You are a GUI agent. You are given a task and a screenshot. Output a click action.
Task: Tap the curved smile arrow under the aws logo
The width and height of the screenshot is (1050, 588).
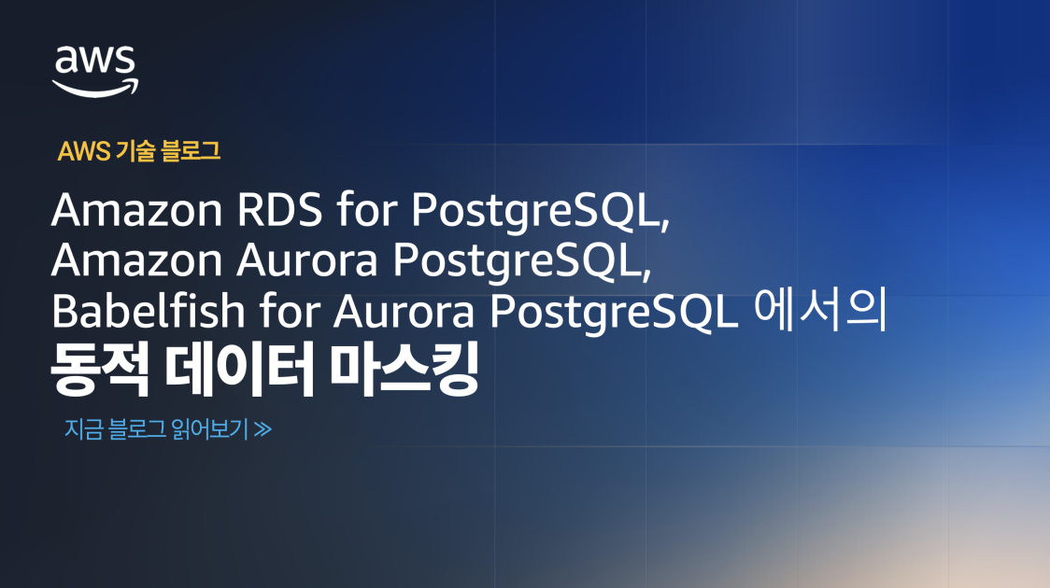95,87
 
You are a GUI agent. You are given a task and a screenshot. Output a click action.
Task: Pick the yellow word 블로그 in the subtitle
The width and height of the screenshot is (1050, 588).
191,151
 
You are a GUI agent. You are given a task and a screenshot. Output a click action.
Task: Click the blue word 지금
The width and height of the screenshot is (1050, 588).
83,430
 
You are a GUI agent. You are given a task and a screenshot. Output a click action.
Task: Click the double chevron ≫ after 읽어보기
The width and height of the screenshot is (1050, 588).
262,430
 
